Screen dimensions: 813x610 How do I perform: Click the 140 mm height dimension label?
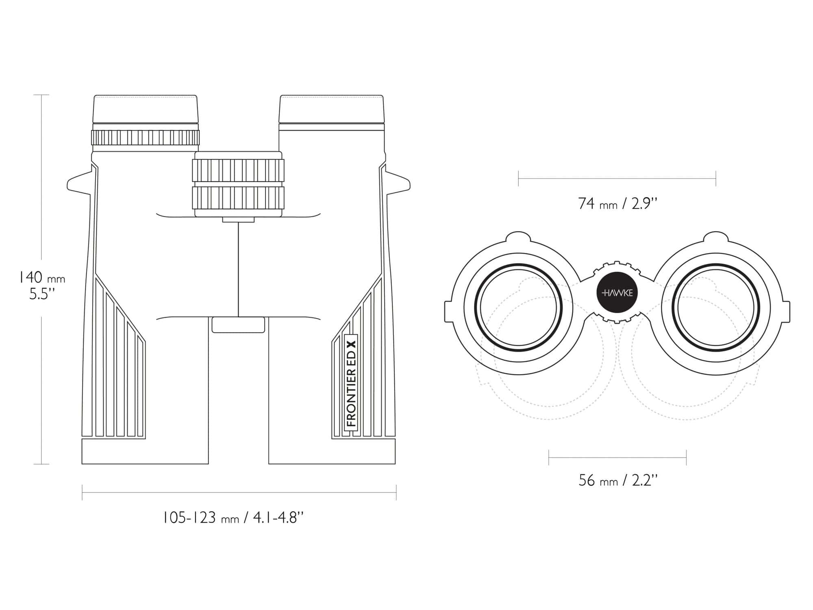42,285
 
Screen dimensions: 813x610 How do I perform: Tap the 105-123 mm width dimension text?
233,518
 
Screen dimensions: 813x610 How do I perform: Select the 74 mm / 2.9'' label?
617,203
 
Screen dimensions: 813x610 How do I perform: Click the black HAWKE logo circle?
617,293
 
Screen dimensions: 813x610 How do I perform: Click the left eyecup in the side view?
146,109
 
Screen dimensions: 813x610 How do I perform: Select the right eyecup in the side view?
331,109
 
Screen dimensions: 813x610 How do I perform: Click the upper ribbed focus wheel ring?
238,170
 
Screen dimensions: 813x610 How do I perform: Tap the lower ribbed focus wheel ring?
238,198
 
